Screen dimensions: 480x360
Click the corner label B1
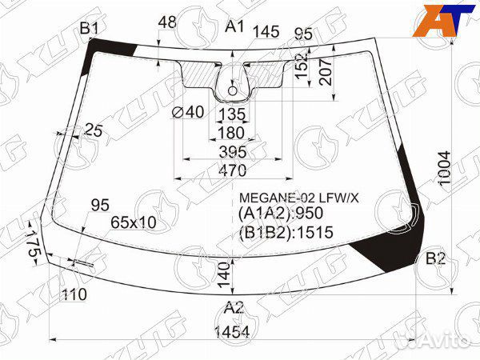(x=89, y=29)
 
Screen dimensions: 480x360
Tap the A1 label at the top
(x=234, y=26)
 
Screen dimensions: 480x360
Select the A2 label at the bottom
(x=234, y=308)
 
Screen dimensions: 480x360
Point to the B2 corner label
(x=436, y=259)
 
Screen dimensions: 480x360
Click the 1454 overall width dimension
(x=232, y=332)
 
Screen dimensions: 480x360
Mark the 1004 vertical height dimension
(x=445, y=168)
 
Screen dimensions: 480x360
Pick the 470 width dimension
(x=233, y=170)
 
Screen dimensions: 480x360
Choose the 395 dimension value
(x=233, y=152)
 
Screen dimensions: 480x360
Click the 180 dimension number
(x=231, y=133)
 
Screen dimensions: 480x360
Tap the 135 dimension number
(x=233, y=114)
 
